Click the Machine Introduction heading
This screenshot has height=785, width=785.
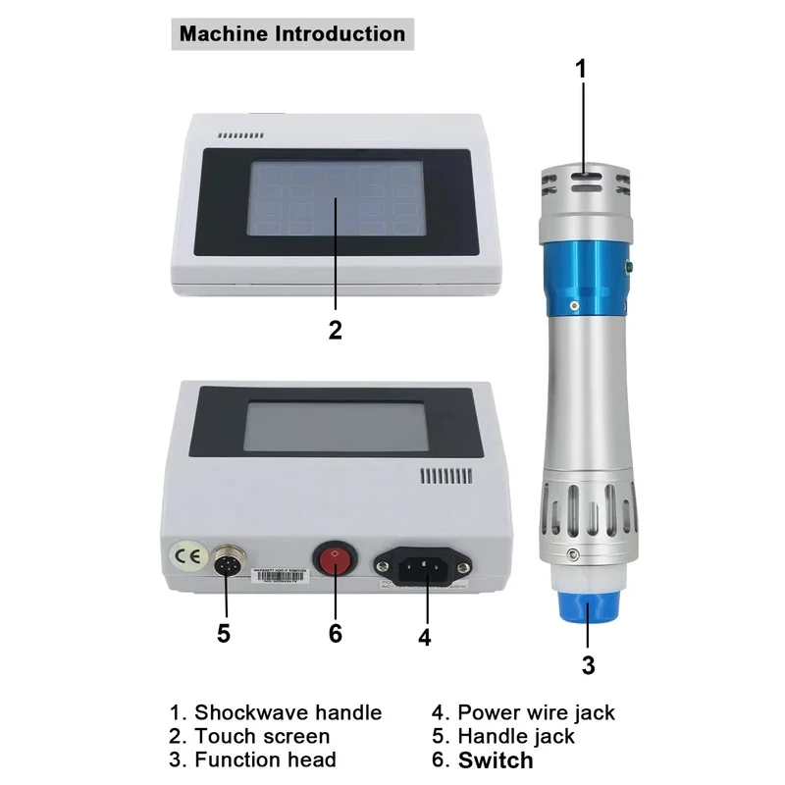tap(291, 34)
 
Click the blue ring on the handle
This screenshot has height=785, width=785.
tap(586, 274)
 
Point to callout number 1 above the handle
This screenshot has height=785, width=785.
tap(581, 68)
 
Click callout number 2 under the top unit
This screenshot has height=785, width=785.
tap(335, 330)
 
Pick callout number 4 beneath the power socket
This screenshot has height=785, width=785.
tap(424, 636)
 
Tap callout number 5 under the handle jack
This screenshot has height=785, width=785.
tap(224, 633)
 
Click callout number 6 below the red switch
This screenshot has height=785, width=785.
tap(335, 633)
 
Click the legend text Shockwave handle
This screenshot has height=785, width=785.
tap(287, 712)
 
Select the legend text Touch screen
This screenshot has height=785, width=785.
tap(261, 736)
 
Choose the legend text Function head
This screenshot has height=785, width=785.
tap(265, 759)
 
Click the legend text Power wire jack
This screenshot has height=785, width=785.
tap(536, 712)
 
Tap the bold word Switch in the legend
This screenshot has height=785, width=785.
tap(496, 759)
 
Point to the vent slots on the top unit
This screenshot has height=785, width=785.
tap(240, 135)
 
